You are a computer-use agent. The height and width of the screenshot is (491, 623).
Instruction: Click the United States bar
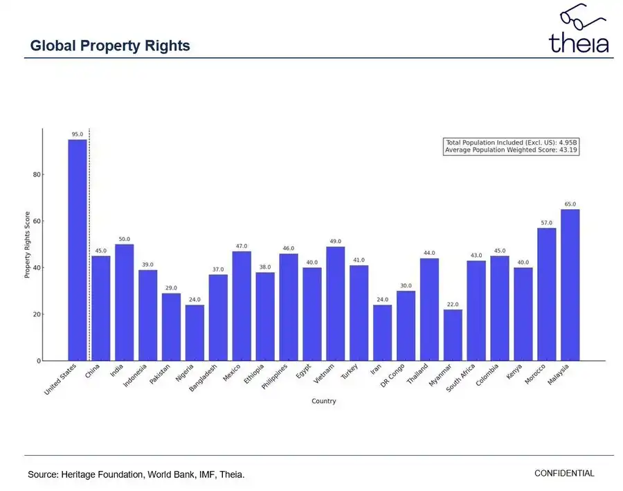coord(78,250)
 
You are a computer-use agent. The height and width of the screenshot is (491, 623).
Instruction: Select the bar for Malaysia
coord(570,285)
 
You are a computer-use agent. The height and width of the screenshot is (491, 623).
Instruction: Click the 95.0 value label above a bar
coord(78,134)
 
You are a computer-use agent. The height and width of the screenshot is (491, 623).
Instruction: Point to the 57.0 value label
coord(547,223)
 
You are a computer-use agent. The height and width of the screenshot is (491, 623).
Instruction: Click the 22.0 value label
coord(453,305)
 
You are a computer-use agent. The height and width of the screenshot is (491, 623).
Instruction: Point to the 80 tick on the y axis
coord(36,175)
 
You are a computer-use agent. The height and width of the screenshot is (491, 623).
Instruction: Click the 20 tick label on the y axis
coord(36,314)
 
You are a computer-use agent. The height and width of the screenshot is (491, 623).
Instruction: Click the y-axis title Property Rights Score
coord(28,244)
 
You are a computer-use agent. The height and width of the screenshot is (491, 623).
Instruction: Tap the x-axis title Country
coord(323,401)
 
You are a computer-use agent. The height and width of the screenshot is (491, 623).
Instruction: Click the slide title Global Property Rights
coord(110,46)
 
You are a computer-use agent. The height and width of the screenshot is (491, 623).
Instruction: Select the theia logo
coord(579,35)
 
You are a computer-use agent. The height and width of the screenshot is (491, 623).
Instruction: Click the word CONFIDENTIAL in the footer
coord(564,474)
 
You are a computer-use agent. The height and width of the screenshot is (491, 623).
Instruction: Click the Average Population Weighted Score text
coord(511,150)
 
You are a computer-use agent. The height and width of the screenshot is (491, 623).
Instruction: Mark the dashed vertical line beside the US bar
coord(89,242)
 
